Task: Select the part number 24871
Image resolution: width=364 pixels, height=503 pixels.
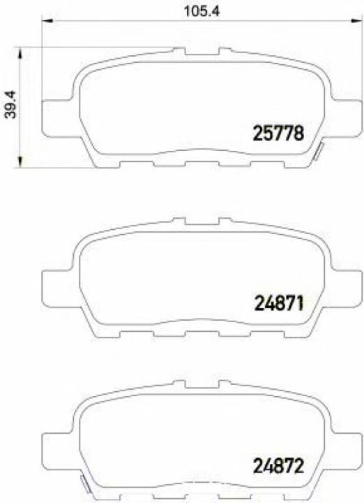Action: click(x=277, y=302)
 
